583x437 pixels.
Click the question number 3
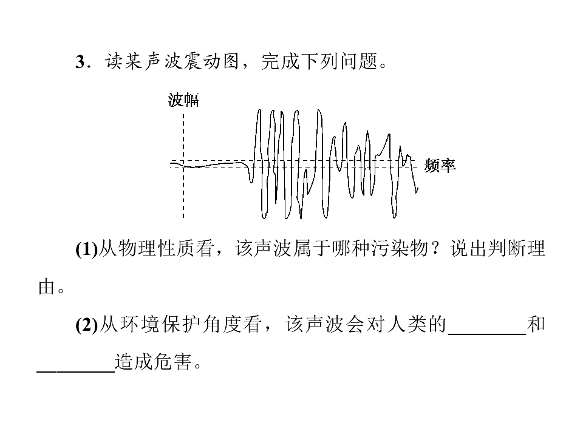tap(81, 62)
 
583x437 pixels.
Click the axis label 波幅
tap(183, 100)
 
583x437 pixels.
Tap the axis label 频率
tap(440, 165)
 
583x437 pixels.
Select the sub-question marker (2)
tap(86, 324)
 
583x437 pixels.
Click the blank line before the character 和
tap(488, 334)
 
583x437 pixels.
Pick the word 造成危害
tap(153, 362)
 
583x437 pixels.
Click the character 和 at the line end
tap(536, 324)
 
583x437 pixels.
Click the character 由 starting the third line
tap(47, 287)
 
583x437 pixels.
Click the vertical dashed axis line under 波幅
tap(183, 166)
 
